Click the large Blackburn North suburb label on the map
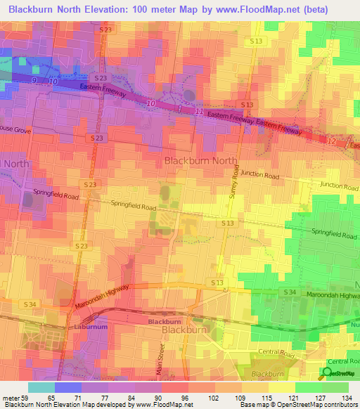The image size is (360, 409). point(200,160)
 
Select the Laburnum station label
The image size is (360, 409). point(89,327)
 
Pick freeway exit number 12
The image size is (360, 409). point(332,141)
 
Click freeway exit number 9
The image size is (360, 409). point(33,81)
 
